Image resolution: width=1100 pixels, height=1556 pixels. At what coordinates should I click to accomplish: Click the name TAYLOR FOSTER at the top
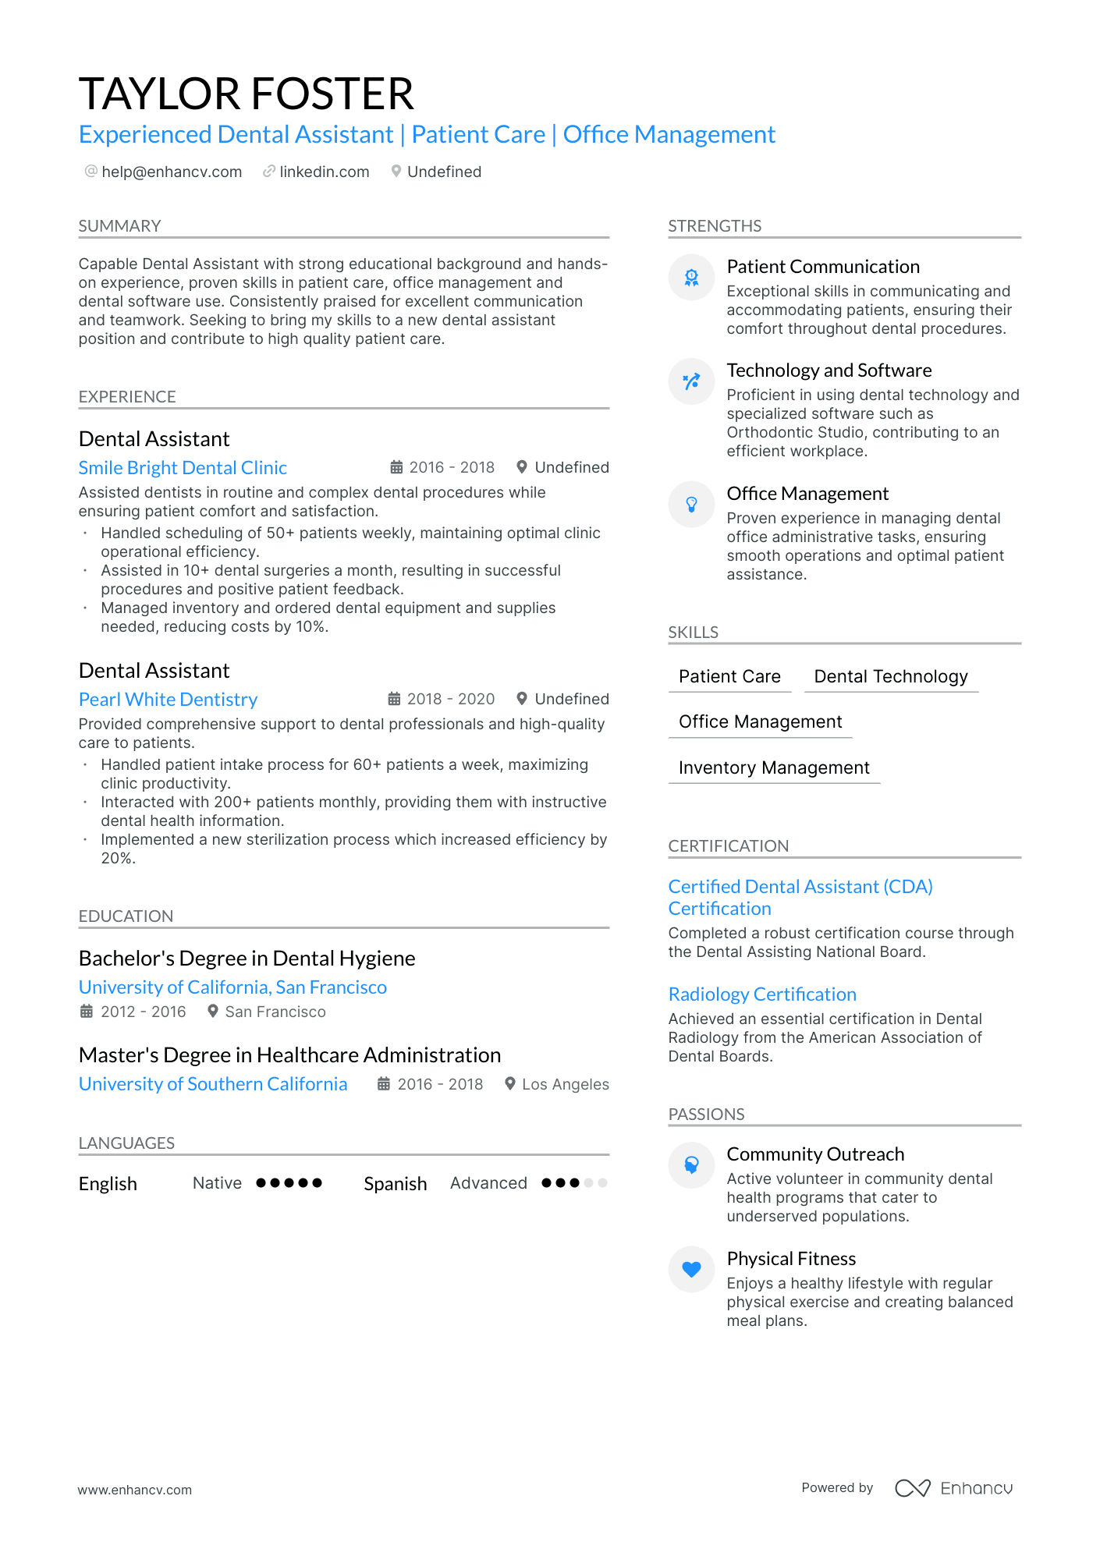point(246,94)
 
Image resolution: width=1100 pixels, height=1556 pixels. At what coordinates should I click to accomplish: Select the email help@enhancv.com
point(172,172)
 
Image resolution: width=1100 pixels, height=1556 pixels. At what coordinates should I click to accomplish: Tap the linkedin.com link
point(324,172)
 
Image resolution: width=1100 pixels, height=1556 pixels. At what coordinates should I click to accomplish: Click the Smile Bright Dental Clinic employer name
point(183,468)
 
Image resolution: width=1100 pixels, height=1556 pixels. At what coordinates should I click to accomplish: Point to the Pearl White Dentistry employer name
point(168,700)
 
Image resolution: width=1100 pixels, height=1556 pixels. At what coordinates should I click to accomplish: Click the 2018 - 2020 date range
point(450,699)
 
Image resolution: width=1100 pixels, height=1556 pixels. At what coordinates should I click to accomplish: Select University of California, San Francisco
point(232,987)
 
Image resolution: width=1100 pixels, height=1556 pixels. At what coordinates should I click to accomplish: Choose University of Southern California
point(213,1084)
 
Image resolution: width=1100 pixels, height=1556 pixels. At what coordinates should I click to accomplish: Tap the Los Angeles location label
point(565,1084)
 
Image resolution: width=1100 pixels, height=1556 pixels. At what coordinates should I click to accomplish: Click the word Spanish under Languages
point(395,1184)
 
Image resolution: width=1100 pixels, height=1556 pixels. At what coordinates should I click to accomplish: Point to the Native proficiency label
point(217,1183)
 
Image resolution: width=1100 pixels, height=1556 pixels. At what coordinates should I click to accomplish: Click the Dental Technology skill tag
point(890,676)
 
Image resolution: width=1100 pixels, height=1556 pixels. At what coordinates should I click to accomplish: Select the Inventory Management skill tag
point(774,767)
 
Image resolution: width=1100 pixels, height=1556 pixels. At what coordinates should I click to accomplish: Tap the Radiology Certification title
point(762,994)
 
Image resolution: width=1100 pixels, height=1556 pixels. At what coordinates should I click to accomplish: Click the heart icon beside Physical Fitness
point(691,1270)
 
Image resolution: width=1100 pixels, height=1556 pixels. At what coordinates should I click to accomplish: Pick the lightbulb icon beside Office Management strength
point(691,505)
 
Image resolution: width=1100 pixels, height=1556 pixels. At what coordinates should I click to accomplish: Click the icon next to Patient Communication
point(691,278)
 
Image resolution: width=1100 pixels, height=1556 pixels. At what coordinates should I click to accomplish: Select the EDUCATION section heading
point(126,916)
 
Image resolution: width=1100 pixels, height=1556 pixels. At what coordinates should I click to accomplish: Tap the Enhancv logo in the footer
point(953,1488)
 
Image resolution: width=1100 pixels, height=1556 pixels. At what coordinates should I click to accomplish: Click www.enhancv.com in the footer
point(134,1490)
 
